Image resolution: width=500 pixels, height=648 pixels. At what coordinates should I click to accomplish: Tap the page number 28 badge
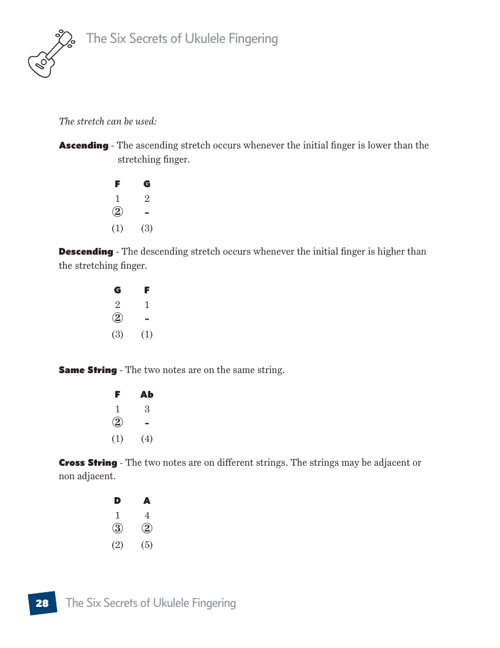42,603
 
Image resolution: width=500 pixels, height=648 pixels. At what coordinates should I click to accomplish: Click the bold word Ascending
83,145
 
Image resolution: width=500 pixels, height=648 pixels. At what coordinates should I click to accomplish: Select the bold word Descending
86,252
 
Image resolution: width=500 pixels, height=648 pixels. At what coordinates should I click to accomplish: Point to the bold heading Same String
88,370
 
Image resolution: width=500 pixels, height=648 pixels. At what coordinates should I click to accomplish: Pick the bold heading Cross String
88,463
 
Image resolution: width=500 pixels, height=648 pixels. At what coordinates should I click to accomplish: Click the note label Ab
147,395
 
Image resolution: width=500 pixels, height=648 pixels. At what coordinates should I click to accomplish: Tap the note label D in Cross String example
118,501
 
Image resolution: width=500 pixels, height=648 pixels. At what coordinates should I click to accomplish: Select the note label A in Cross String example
147,501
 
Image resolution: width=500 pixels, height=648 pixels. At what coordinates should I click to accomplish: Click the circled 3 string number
118,528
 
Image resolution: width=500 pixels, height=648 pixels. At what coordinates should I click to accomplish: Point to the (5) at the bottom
147,545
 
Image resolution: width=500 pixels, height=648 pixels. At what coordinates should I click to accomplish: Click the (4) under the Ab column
147,439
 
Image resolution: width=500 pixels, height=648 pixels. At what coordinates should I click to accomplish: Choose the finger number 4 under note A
147,515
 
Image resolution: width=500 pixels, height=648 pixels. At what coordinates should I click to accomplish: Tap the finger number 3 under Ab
147,409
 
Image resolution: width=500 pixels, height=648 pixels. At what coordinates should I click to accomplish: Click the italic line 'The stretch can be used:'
108,121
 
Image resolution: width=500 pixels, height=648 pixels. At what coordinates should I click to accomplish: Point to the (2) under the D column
118,545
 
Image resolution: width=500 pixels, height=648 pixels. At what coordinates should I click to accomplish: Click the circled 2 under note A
147,528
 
